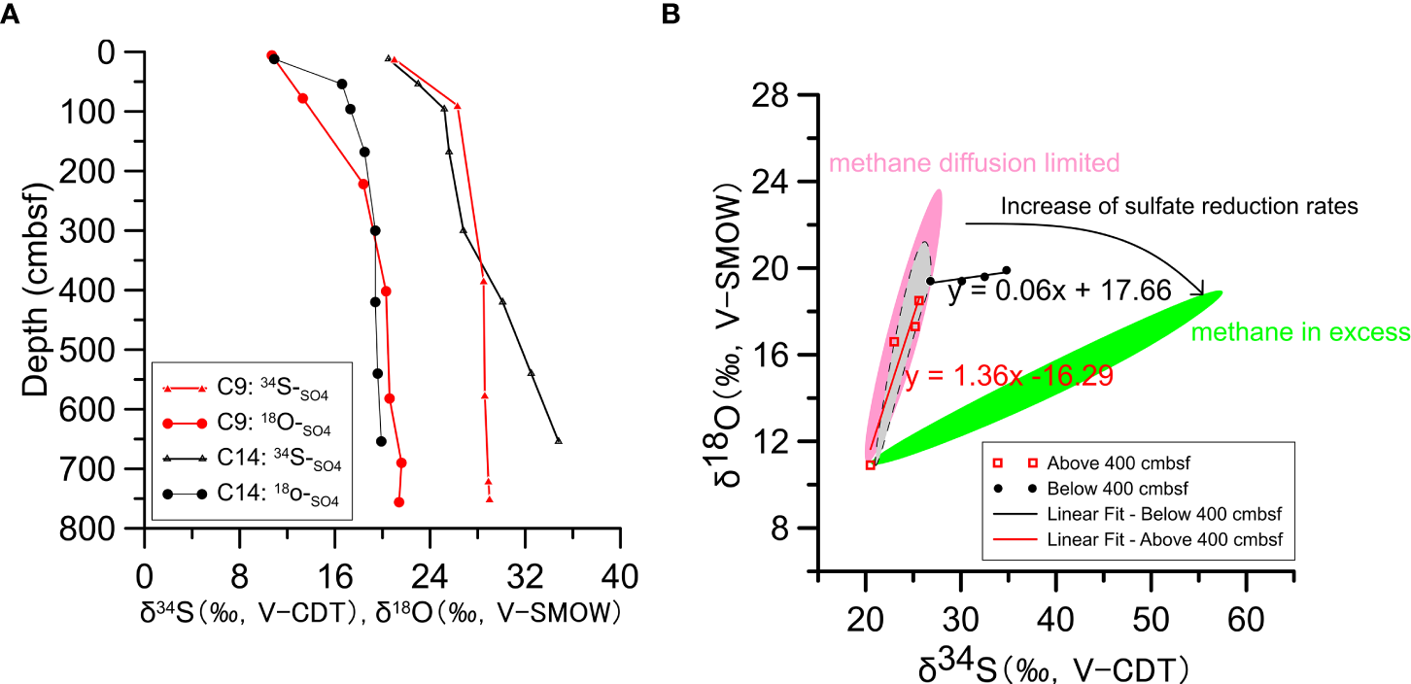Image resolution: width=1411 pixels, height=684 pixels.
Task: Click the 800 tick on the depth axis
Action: tap(114, 529)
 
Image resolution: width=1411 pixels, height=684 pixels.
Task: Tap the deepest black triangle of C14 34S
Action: tap(558, 440)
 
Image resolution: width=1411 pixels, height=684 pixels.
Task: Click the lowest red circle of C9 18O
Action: tap(398, 501)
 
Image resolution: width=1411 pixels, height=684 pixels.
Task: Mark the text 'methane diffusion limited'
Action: tap(974, 162)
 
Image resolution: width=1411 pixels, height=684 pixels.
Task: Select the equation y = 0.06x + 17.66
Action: tap(1059, 291)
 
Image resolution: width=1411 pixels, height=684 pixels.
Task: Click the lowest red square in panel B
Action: tap(871, 464)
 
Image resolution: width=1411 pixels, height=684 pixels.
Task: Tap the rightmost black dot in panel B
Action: tap(1006, 270)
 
